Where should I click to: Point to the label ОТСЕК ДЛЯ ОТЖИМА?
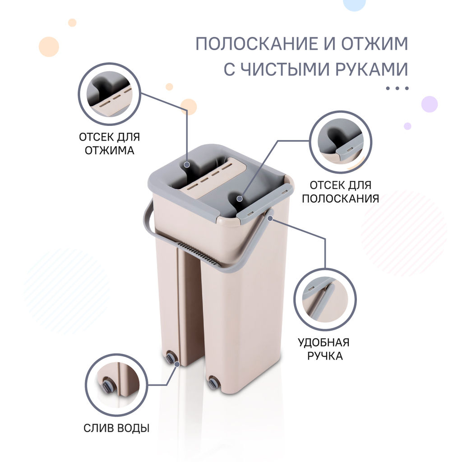[109, 143]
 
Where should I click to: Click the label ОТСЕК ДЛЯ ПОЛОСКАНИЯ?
[340, 191]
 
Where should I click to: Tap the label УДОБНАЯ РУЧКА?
[323, 349]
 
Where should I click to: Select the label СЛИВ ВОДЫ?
[116, 428]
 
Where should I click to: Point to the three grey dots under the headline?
[397, 88]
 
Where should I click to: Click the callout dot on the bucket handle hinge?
[270, 218]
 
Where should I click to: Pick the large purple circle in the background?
[429, 104]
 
